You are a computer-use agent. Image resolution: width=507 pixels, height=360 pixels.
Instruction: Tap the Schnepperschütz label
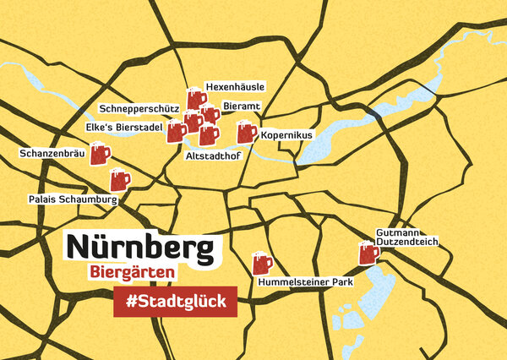point(137,109)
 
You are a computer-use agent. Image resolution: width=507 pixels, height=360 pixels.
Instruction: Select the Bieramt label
point(241,106)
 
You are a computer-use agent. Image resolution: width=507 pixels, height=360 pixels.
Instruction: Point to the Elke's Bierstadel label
point(123,127)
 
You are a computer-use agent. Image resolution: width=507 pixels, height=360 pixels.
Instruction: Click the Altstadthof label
point(210,155)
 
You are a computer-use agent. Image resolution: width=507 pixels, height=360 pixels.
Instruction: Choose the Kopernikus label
point(286,134)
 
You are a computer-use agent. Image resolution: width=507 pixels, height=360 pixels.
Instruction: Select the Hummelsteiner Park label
point(306,282)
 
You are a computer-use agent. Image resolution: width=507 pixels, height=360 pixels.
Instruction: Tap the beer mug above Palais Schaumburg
point(120,179)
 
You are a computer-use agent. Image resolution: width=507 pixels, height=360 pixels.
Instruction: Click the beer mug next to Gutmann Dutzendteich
point(368,252)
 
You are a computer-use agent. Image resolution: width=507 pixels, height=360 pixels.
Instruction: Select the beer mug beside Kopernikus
point(246,131)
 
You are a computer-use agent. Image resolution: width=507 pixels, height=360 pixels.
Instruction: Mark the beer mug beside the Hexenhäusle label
point(197,97)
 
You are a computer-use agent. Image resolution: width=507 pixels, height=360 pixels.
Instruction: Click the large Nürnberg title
point(139,247)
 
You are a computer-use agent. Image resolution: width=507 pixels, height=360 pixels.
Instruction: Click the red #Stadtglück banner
point(175,302)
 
